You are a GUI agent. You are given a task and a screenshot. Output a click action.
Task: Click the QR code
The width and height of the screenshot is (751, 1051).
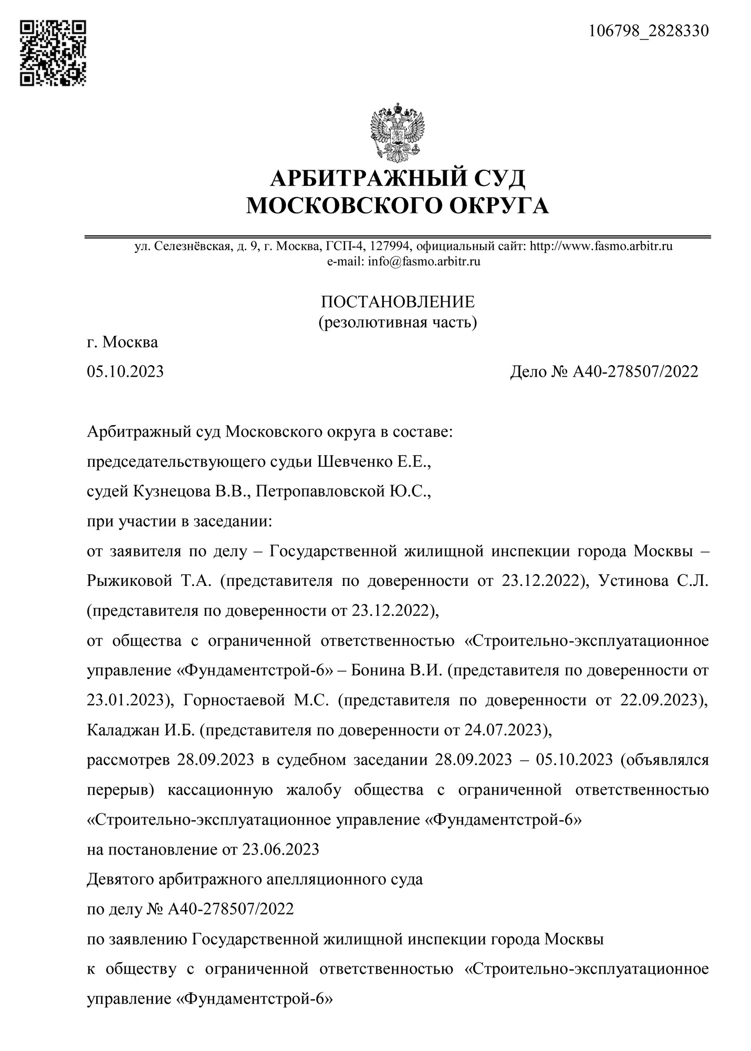pyautogui.click(x=53, y=53)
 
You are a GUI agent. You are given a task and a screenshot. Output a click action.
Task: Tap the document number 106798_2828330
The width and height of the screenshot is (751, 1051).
pyautogui.click(x=648, y=31)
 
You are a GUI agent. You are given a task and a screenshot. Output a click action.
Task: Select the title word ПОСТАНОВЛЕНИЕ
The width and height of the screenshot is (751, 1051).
pyautogui.click(x=398, y=302)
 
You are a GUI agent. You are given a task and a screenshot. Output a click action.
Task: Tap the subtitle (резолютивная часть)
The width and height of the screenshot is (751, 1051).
pyautogui.click(x=398, y=322)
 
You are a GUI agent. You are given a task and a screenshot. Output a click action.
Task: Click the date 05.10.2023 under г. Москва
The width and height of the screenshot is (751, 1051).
pyautogui.click(x=126, y=372)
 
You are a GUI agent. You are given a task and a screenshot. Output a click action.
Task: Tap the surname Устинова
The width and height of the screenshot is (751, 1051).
pyautogui.click(x=633, y=581)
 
